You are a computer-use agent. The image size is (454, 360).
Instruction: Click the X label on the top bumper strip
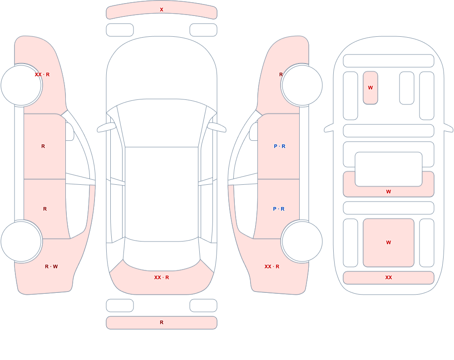click(162, 10)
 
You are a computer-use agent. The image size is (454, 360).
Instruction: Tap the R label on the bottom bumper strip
click(162, 322)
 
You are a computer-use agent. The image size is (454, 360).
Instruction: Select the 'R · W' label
click(51, 266)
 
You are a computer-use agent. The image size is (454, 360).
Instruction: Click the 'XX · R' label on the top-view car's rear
click(162, 277)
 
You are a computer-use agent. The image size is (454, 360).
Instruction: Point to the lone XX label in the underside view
click(389, 277)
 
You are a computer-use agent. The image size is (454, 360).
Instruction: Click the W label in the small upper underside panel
click(370, 88)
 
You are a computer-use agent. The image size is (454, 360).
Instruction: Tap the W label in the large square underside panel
click(389, 242)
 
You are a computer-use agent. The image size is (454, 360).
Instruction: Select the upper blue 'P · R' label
click(279, 146)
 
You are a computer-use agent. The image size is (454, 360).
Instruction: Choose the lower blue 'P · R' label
click(279, 209)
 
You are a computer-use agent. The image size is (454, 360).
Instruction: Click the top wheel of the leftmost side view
click(21, 85)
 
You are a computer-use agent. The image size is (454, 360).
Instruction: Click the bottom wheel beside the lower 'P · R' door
click(302, 241)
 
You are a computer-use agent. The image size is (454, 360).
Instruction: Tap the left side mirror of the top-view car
click(106, 128)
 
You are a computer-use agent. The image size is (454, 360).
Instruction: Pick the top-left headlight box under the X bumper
click(120, 30)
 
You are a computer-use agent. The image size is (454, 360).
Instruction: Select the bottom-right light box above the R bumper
click(203, 306)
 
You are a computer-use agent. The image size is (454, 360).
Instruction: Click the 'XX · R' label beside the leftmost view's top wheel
click(42, 74)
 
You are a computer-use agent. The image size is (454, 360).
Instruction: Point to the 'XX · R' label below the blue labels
click(271, 266)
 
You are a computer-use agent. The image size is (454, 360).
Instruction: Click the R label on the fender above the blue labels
click(281, 74)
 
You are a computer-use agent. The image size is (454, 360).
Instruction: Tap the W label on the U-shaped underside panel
click(389, 192)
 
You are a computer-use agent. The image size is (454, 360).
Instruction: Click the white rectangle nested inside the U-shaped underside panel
click(389, 169)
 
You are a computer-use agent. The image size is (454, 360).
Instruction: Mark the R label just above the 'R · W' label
click(45, 209)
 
